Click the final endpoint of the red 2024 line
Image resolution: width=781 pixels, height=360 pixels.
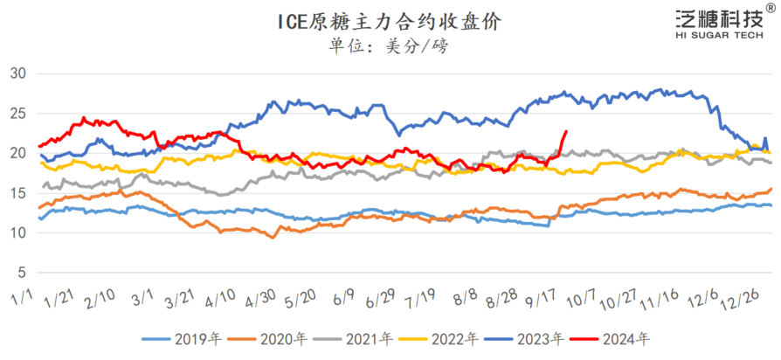[566, 132]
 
